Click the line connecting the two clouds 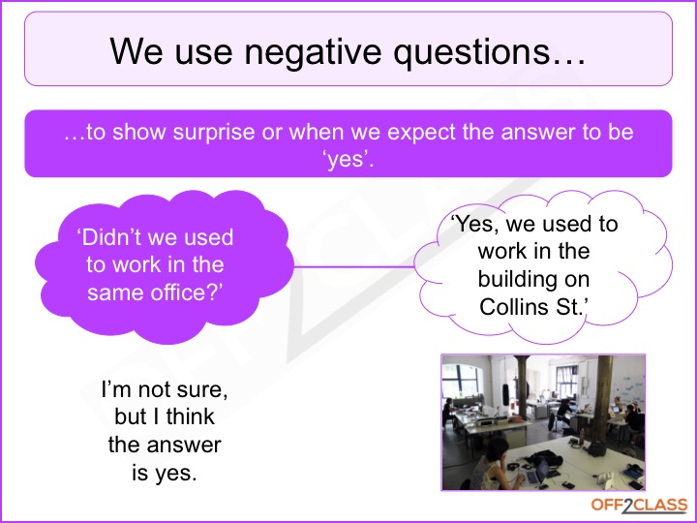click(353, 265)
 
